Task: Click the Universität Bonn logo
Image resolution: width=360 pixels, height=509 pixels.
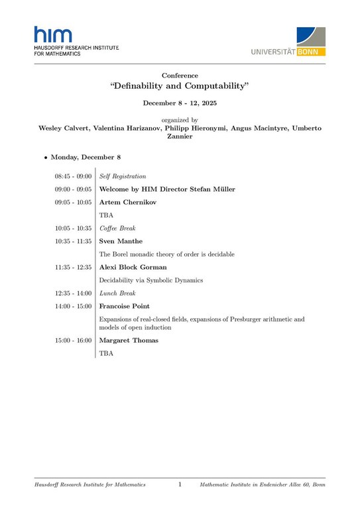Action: pyautogui.click(x=288, y=41)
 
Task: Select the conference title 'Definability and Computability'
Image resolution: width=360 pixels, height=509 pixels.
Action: pyautogui.click(x=180, y=87)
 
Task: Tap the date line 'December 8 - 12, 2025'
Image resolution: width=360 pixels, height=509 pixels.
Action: pyautogui.click(x=180, y=103)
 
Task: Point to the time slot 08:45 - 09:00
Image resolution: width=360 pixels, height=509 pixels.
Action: pyautogui.click(x=73, y=176)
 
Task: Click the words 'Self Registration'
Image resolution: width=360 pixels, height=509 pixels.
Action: pyautogui.click(x=122, y=176)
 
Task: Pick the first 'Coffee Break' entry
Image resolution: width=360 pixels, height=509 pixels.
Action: pyautogui.click(x=119, y=228)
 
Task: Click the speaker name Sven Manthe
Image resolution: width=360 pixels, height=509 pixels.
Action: pyautogui.click(x=121, y=241)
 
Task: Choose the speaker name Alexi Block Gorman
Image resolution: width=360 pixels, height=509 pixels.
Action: pyautogui.click(x=133, y=267)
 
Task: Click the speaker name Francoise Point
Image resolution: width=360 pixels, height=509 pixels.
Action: pyautogui.click(x=124, y=306)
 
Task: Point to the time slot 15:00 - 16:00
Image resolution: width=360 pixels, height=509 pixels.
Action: pyautogui.click(x=73, y=341)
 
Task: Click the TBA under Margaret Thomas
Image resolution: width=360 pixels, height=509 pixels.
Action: pyautogui.click(x=106, y=354)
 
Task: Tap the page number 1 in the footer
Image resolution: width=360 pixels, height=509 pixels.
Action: pyautogui.click(x=180, y=485)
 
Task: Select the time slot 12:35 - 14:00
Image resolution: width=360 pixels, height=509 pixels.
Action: pyautogui.click(x=73, y=293)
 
